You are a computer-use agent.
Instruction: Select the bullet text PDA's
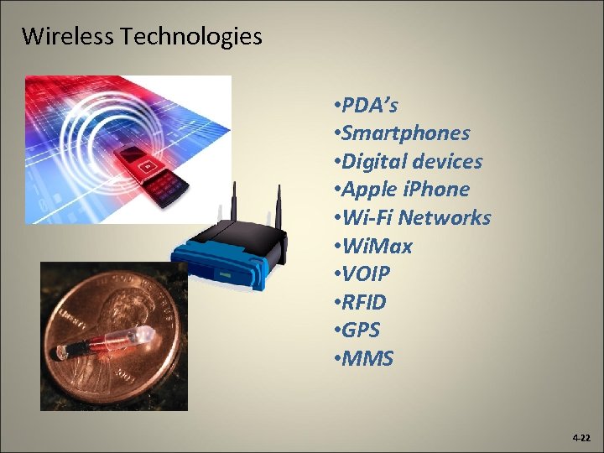click(369, 105)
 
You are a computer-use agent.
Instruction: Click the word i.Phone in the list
click(437, 190)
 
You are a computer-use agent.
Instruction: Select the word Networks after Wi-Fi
click(445, 218)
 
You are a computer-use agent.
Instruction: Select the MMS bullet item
click(367, 359)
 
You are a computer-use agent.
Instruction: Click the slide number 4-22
click(581, 439)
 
